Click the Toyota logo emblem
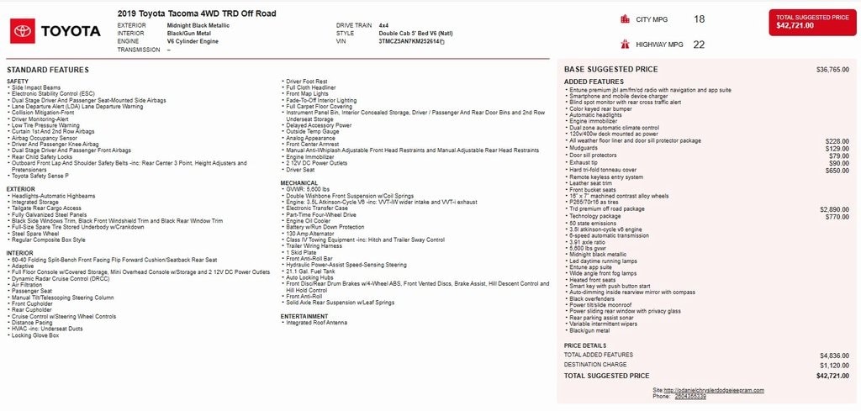click(x=23, y=31)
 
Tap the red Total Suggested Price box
click(x=811, y=23)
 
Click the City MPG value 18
click(x=700, y=18)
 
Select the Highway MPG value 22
click(x=699, y=45)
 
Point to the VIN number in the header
click(x=411, y=41)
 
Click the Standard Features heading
click(x=47, y=69)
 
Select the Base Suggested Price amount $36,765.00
click(x=832, y=69)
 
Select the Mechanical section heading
click(x=299, y=182)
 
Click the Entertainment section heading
click(x=304, y=316)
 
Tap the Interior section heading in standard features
click(x=20, y=253)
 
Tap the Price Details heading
click(x=584, y=345)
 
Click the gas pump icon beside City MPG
click(x=625, y=18)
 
